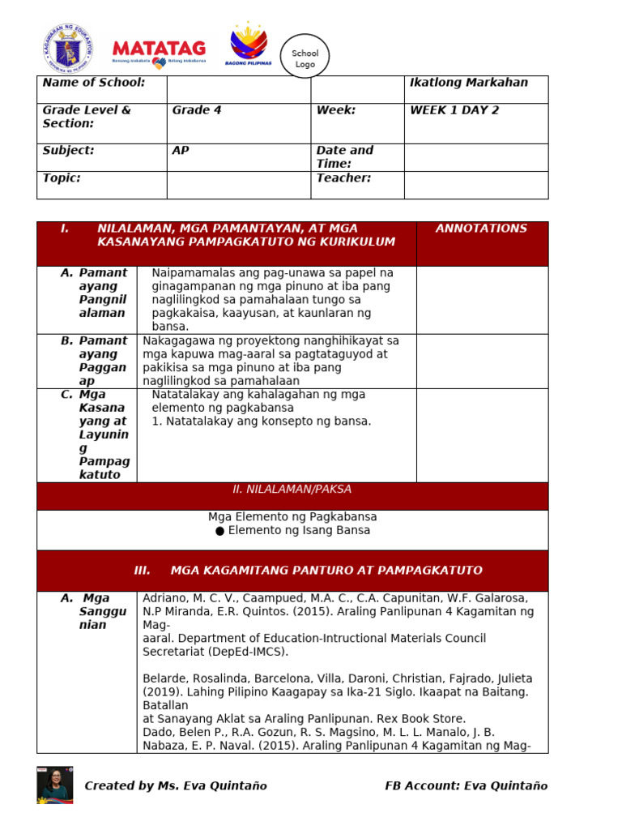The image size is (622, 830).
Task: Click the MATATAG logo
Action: click(160, 50)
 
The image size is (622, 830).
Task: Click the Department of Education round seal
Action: click(68, 47)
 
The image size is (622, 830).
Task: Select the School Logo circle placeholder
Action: click(305, 58)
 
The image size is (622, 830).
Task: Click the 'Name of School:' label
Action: click(94, 83)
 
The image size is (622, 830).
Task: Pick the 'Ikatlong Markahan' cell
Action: click(469, 83)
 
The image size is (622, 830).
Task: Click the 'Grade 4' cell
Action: click(197, 110)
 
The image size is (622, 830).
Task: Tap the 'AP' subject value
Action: click(181, 151)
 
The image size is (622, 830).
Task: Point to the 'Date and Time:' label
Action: click(345, 156)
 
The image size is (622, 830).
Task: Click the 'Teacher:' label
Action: click(343, 178)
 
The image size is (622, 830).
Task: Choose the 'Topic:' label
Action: click(62, 178)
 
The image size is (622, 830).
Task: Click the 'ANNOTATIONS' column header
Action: click(481, 229)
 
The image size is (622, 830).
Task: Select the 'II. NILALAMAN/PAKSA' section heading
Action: click(292, 490)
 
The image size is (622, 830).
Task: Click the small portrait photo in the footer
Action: click(54, 785)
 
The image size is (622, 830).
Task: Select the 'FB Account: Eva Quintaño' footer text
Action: click(466, 785)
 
